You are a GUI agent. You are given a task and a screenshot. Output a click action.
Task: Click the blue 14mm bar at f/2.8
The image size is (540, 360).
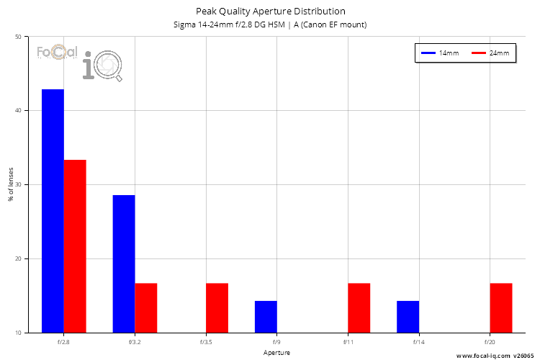pos(53,211)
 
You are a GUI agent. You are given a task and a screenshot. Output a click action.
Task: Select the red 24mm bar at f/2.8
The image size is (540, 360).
pos(75,246)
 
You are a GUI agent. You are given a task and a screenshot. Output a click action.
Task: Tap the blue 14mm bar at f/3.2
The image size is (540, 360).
pos(124,264)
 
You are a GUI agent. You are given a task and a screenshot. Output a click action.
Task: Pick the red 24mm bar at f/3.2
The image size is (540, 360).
pos(145,307)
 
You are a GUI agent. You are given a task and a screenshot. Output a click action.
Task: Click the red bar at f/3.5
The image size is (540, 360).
pos(217,307)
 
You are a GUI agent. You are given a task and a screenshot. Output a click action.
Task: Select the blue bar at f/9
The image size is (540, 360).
pos(266,317)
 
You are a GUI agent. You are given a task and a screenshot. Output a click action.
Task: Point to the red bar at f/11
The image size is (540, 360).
pos(359,307)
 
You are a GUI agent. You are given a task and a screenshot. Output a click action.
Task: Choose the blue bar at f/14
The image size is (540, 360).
pos(408,317)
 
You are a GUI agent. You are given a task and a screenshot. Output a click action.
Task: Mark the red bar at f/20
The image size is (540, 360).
pos(501,307)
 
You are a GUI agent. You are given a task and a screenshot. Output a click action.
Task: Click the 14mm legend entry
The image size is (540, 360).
pos(440,53)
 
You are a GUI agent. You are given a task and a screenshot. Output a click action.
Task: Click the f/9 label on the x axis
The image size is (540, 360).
pos(276,343)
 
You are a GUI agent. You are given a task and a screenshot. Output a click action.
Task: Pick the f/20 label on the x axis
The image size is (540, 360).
pos(490,343)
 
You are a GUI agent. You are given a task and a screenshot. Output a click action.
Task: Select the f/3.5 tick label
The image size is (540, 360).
pos(206,343)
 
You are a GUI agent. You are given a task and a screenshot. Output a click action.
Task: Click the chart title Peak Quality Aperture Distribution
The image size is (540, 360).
pos(270,12)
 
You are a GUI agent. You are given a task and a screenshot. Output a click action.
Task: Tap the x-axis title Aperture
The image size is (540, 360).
pos(276,354)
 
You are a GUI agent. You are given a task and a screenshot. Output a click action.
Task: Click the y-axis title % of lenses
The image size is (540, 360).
pos(11,184)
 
